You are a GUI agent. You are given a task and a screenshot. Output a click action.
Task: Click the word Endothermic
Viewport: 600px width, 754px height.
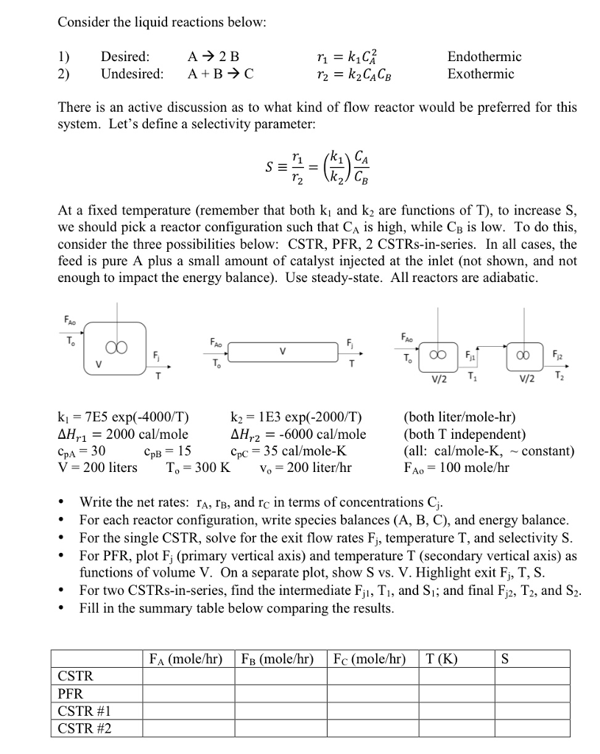[x=484, y=57]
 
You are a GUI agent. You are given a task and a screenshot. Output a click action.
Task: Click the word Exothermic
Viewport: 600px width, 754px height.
[x=480, y=74]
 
